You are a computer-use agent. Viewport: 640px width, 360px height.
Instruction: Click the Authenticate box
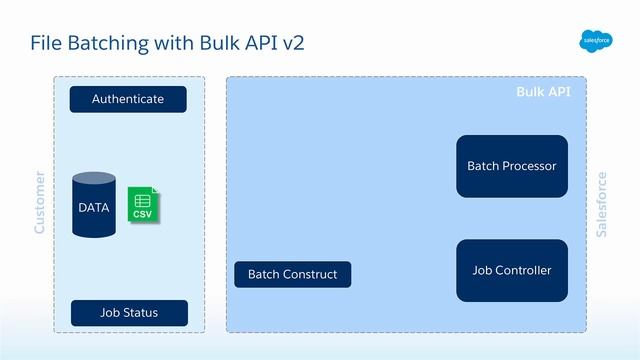[128, 99]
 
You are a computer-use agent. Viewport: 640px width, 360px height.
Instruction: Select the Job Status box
[128, 313]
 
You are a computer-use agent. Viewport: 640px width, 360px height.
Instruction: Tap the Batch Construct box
[292, 274]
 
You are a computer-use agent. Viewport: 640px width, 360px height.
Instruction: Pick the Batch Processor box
[511, 166]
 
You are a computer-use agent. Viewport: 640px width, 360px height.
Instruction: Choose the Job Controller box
[511, 270]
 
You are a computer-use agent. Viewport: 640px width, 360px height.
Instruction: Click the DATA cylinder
[94, 206]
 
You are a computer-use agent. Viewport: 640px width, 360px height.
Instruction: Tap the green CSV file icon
[144, 204]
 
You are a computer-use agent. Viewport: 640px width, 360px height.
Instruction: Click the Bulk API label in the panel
[543, 92]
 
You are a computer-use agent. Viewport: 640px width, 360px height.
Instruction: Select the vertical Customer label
[40, 203]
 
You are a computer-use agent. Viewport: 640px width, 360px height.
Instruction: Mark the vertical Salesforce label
[601, 204]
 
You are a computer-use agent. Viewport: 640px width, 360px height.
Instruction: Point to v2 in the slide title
[290, 43]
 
